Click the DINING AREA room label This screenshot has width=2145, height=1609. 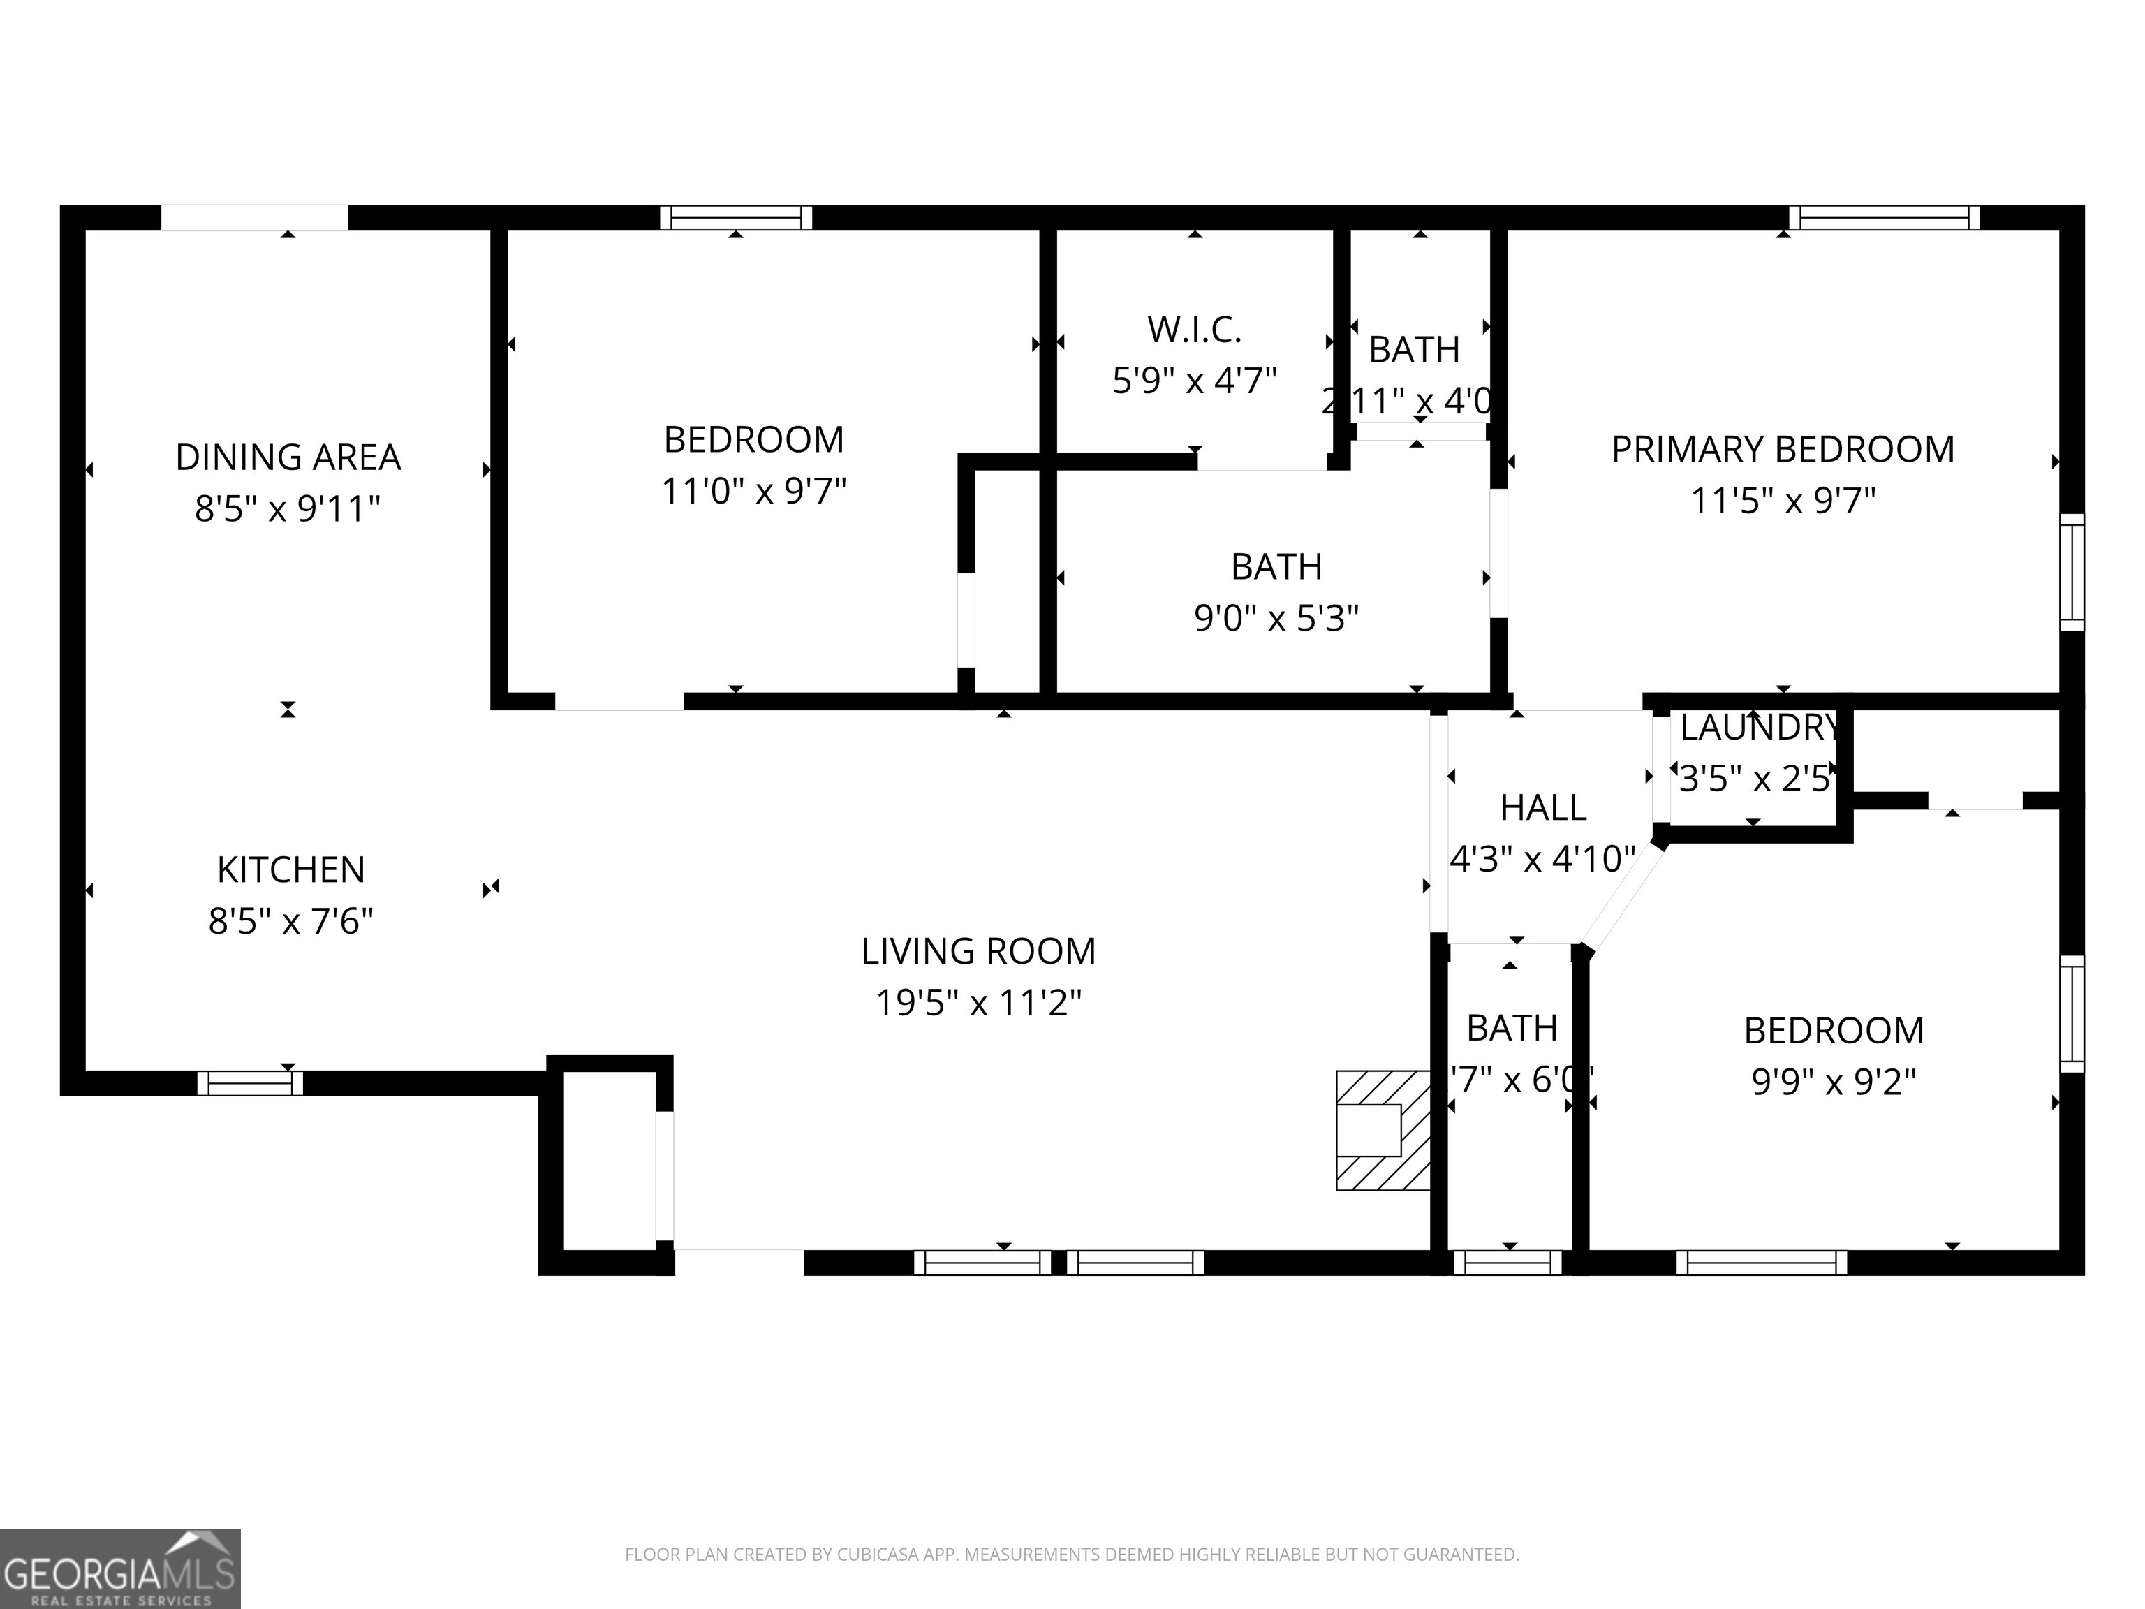(288, 457)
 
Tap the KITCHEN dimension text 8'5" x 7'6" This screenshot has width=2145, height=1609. (291, 920)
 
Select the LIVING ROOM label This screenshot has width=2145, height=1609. (978, 951)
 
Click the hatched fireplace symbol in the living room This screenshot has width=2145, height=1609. (1383, 1130)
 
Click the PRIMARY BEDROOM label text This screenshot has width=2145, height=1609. (1783, 450)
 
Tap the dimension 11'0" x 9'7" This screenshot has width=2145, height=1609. (753, 492)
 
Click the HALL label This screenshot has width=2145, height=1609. (1543, 807)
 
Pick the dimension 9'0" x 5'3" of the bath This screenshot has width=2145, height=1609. (1276, 618)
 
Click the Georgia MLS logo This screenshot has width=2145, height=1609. (119, 1568)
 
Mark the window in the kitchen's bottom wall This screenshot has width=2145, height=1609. (250, 1083)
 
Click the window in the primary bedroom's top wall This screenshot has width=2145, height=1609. (1883, 217)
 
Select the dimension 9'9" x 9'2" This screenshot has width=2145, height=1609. (1834, 1081)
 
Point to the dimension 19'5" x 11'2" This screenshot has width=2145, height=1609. (978, 1003)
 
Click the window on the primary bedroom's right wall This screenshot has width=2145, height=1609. (2071, 572)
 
